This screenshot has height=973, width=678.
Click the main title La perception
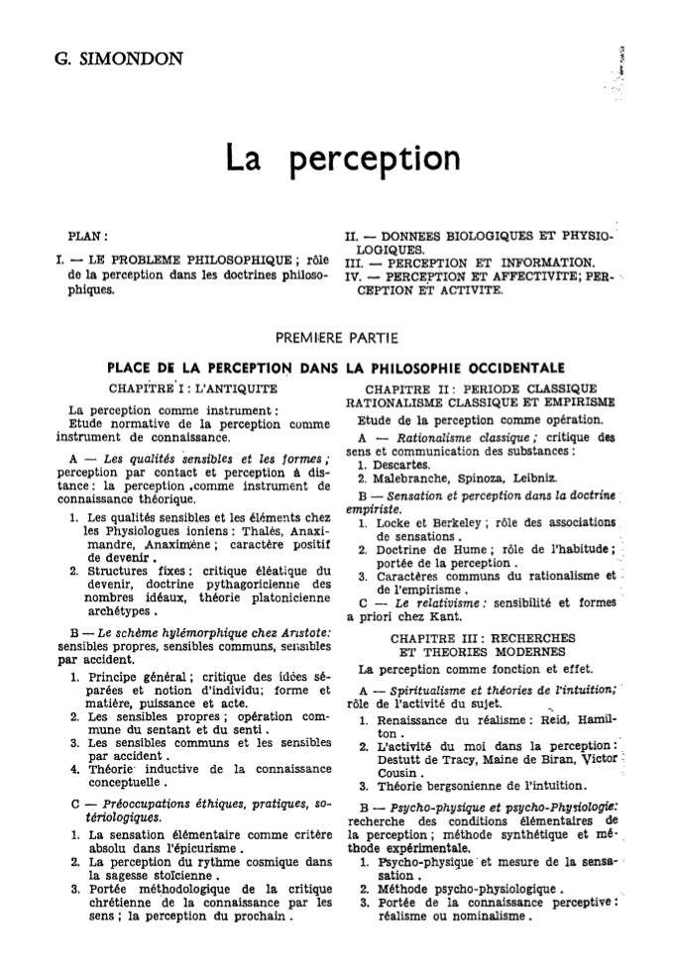click(342, 157)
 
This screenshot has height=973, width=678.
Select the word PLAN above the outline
click(86, 238)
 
